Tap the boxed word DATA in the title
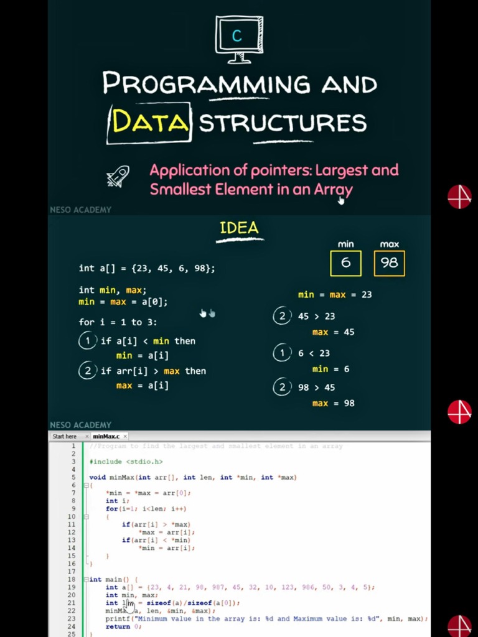pos(149,123)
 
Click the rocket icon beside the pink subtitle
pos(118,177)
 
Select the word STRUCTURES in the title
pos(283,123)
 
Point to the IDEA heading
pos(239,228)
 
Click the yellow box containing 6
pos(345,263)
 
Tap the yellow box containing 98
pos(389,263)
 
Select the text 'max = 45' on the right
pos(333,332)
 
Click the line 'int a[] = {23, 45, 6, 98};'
pos(147,269)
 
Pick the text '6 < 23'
pos(314,353)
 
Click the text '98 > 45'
pos(316,388)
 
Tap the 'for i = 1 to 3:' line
pos(118,322)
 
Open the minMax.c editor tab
pos(106,437)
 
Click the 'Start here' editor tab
pos(65,437)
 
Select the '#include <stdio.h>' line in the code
pos(126,462)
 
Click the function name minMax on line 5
pos(121,478)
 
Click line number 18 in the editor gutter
pos(72,579)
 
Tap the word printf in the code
pos(117,619)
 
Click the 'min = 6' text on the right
pos(330,370)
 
